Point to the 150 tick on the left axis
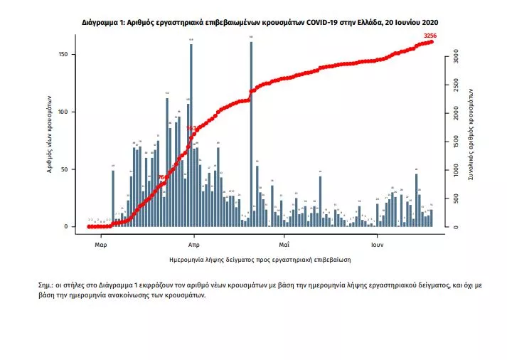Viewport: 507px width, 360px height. pyautogui.click(x=63, y=55)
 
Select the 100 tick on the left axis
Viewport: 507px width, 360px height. pyautogui.click(x=63, y=112)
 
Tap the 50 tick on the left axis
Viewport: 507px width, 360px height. pyautogui.click(x=65, y=169)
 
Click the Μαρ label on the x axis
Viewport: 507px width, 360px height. pyautogui.click(x=100, y=243)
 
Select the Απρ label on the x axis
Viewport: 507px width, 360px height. pyautogui.click(x=193, y=243)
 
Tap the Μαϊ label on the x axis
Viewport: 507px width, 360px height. pyautogui.click(x=283, y=243)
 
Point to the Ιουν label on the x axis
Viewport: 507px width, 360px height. pyautogui.click(x=378, y=243)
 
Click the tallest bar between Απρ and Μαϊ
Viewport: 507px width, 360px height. pyautogui.click(x=251, y=135)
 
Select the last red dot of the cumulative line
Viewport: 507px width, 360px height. pyautogui.click(x=432, y=42)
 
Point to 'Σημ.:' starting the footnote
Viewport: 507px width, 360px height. pyautogui.click(x=48, y=284)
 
